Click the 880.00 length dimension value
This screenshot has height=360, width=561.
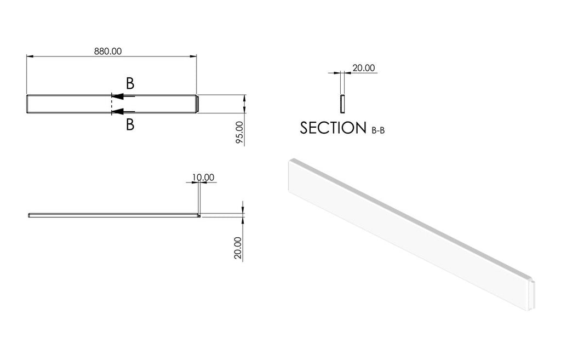tap(108, 51)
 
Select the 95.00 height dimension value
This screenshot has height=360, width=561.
tap(239, 133)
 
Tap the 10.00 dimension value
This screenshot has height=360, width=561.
tap(203, 177)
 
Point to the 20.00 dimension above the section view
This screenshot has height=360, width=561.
tap(364, 67)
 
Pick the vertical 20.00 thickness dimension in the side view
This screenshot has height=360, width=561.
tap(238, 248)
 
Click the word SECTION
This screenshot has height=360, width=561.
tap(333, 128)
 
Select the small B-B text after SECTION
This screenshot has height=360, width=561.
tap(378, 130)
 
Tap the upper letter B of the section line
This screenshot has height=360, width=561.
tap(130, 83)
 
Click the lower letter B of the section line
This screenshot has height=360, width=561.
tap(130, 124)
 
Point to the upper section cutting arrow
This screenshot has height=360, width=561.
tap(123, 96)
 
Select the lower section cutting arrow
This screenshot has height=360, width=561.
tap(123, 112)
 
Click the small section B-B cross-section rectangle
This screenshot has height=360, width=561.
tap(342, 104)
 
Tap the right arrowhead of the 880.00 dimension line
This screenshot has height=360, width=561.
tap(193, 56)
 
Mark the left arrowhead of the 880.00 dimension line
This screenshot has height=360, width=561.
tap(30, 56)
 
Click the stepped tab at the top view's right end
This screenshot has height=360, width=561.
tap(197, 104)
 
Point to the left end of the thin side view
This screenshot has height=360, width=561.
tap(28, 215)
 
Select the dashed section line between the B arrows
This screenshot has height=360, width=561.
tap(112, 104)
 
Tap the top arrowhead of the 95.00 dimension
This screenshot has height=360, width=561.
tap(244, 98)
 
